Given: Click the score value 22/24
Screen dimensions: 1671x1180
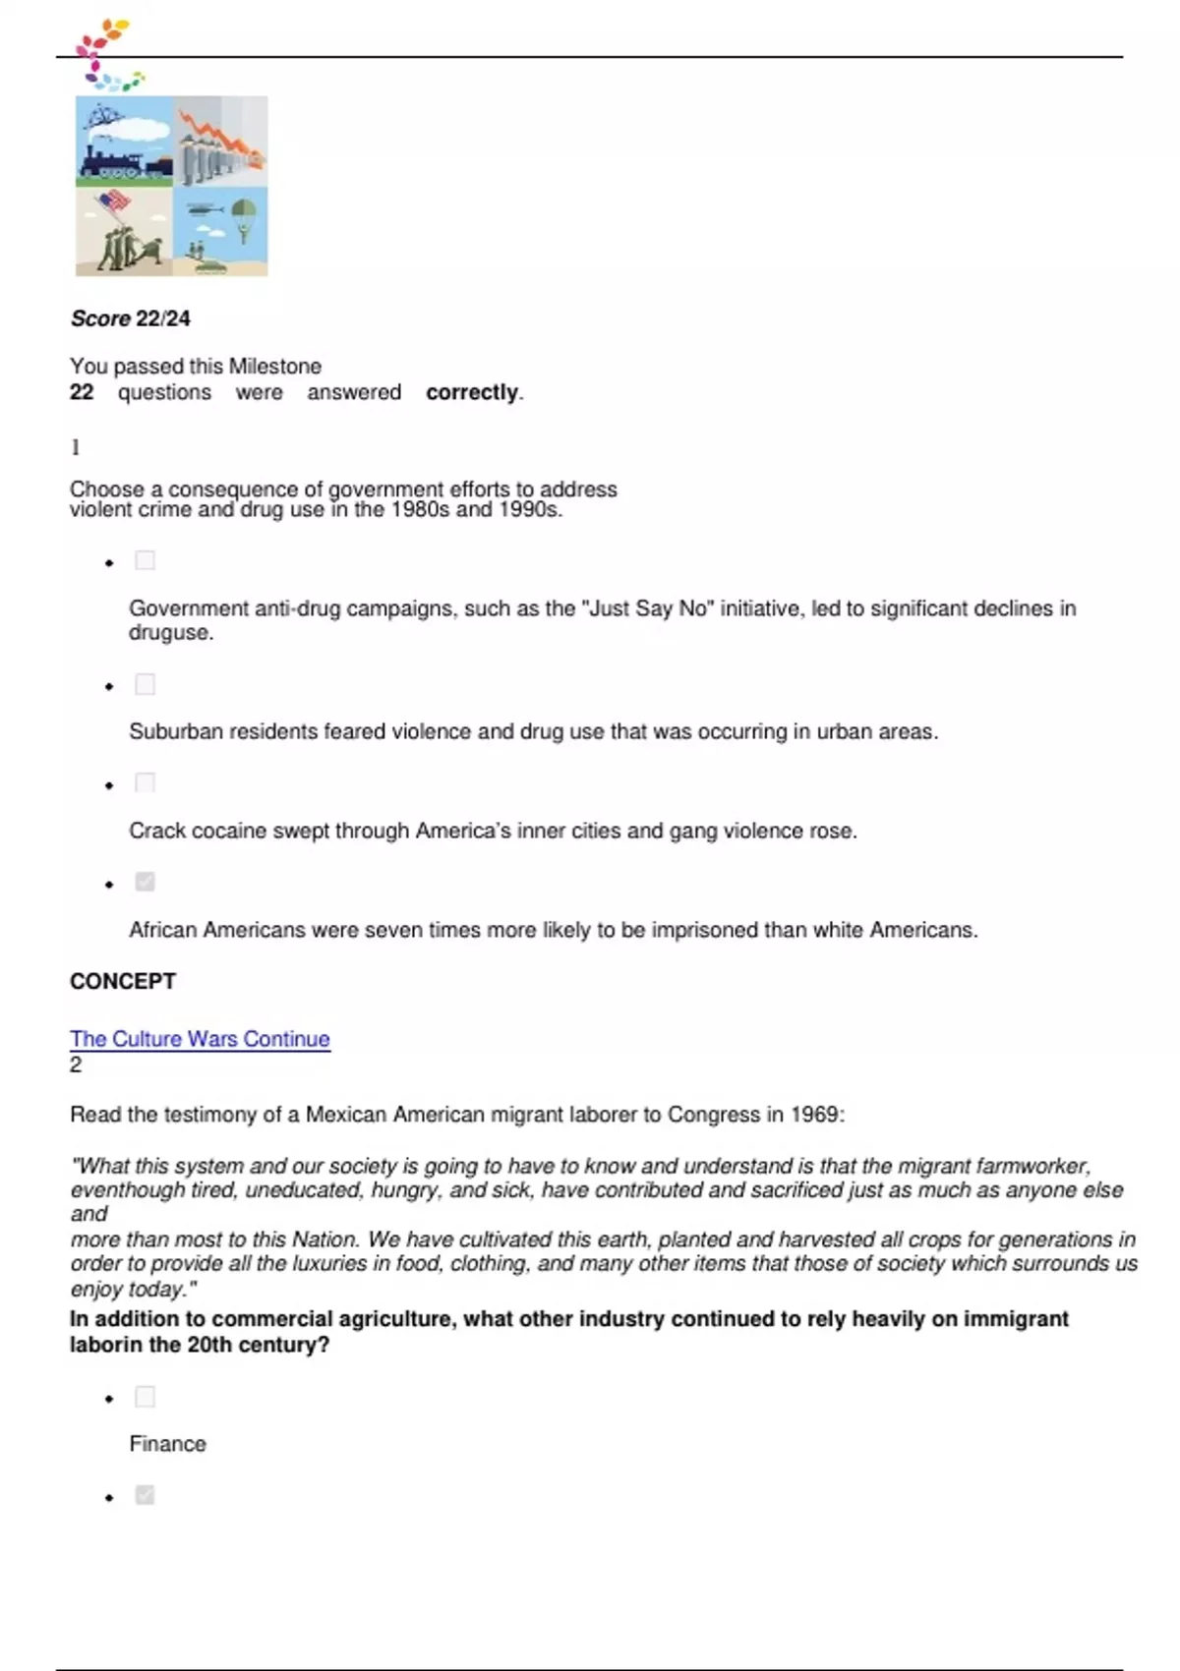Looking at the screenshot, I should [x=163, y=318].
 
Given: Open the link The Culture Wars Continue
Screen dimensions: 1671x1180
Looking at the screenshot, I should [x=200, y=1039].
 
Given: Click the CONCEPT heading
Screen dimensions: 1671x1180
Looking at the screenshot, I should [x=123, y=981].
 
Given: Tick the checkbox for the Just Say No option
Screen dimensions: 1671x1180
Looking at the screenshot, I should [x=145, y=560].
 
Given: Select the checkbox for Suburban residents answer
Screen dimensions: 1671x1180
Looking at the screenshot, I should [x=145, y=684].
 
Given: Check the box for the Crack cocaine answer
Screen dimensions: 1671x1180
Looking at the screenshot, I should [x=145, y=782].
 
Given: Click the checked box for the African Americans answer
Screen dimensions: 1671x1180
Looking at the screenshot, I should [x=145, y=882].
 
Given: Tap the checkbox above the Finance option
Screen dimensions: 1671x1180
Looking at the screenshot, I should [x=145, y=1397].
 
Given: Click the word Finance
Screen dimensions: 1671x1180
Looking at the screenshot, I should [x=167, y=1444].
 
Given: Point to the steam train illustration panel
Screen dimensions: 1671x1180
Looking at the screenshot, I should [x=124, y=142].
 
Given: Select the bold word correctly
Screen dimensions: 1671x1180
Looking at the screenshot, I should [x=472, y=392].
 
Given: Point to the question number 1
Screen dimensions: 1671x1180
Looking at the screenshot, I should [x=75, y=447].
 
